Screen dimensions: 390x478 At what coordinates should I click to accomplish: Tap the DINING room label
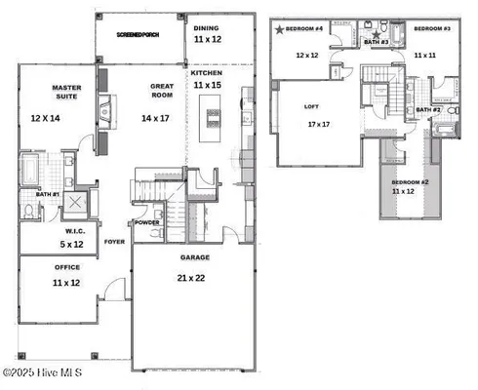[x=207, y=28]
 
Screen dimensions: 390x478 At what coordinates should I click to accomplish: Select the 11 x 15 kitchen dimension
[x=207, y=86]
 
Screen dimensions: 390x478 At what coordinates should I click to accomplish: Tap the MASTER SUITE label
[x=66, y=94]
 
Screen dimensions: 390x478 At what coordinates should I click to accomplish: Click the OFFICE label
[x=66, y=270]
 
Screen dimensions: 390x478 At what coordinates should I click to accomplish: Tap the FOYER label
[x=115, y=241]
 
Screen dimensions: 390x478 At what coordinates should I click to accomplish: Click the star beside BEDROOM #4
[x=280, y=31]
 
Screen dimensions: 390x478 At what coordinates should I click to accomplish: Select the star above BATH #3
[x=377, y=34]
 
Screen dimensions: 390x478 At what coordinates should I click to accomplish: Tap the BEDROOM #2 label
[x=410, y=182]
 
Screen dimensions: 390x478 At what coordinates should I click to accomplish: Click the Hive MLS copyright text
[x=43, y=372]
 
